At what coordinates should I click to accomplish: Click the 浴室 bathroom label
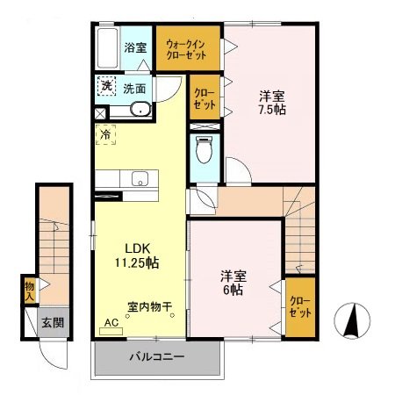[135, 47]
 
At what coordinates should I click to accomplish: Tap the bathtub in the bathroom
[108, 51]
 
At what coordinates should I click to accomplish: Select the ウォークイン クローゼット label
[187, 49]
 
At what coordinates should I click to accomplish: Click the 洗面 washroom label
[133, 88]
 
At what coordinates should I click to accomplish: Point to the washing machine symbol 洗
[105, 86]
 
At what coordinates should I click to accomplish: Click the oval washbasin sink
[140, 111]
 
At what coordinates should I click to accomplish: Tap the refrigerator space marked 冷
[105, 135]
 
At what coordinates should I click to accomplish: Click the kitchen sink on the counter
[140, 179]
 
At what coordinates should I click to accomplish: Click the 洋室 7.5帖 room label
[270, 104]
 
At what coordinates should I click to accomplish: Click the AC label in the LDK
[111, 322]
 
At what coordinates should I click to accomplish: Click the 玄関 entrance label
[54, 323]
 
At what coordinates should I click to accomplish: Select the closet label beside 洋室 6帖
[299, 307]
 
